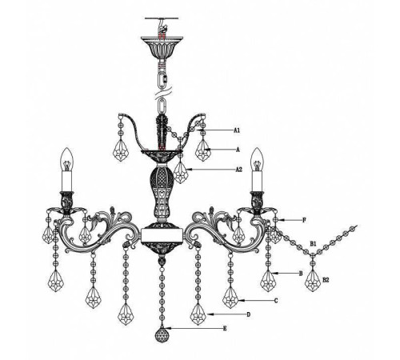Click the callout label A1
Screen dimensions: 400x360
click(x=237, y=130)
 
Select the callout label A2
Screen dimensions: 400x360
click(x=238, y=170)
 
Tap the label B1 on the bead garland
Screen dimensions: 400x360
click(x=313, y=243)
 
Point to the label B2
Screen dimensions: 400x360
click(x=326, y=280)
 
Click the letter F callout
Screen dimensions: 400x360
click(x=304, y=220)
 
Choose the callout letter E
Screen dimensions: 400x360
click(x=225, y=329)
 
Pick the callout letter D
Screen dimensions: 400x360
click(x=249, y=314)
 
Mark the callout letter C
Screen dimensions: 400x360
click(x=276, y=301)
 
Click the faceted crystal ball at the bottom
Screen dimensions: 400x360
click(x=162, y=334)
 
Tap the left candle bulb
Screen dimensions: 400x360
click(x=66, y=159)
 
